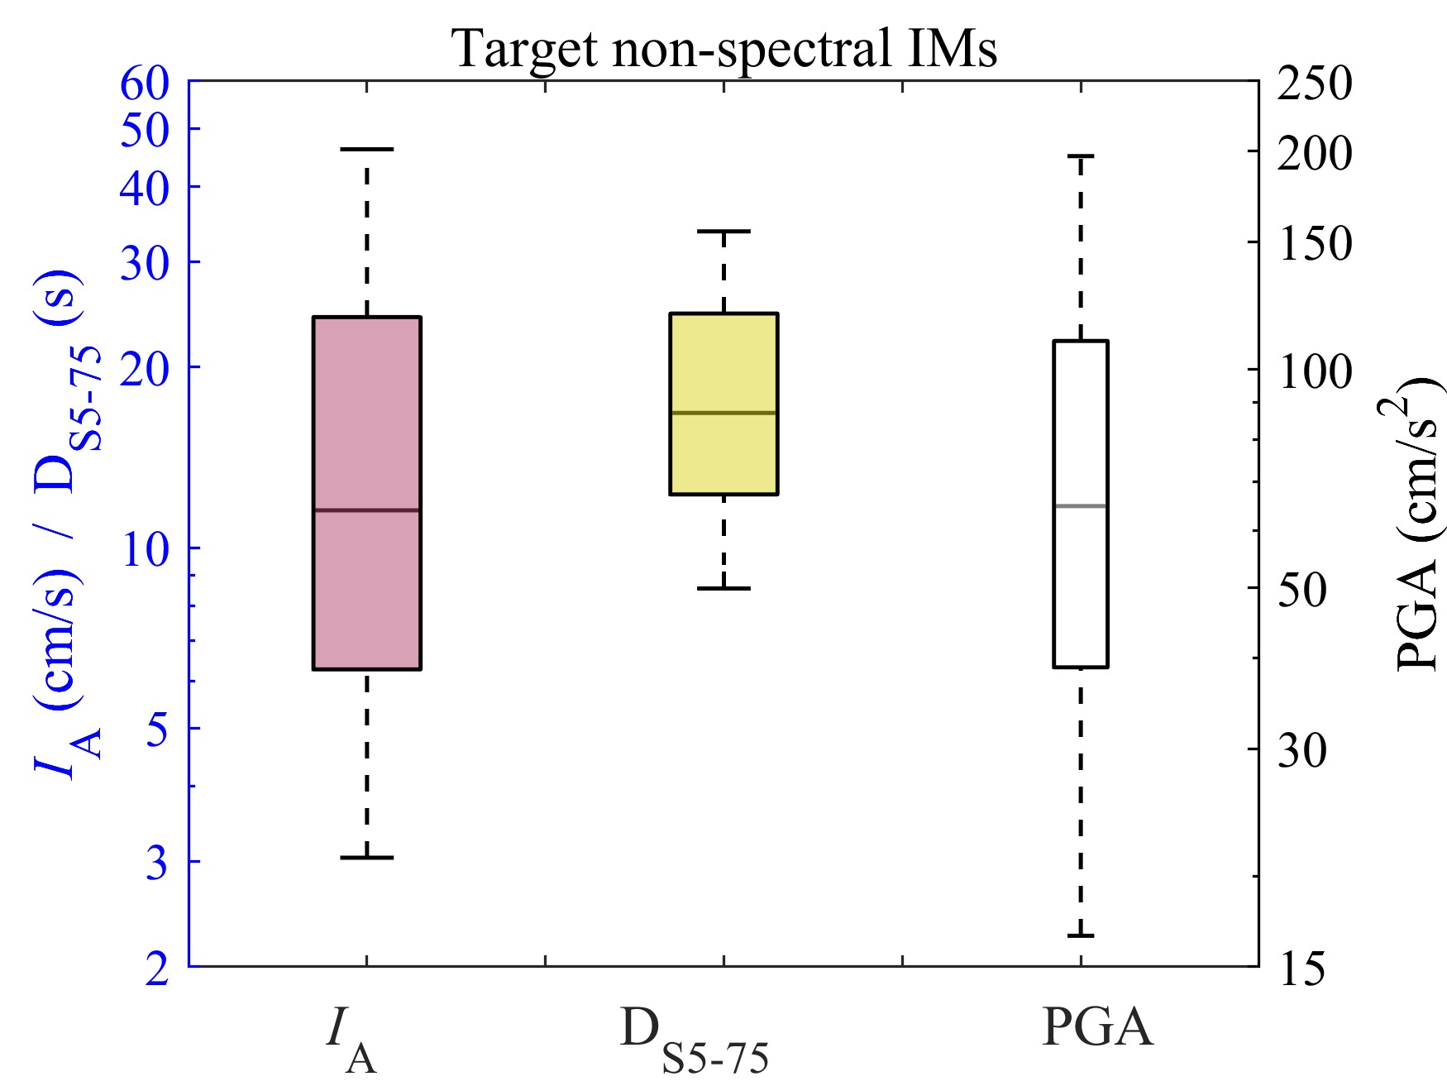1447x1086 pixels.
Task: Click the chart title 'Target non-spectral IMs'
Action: click(724, 48)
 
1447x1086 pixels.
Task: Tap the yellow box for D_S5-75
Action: click(723, 364)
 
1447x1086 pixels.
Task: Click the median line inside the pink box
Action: click(366, 510)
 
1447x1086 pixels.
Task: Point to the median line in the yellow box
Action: click(723, 412)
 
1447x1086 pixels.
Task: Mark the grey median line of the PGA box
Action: click(1080, 505)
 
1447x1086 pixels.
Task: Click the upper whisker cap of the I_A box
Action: click(366, 149)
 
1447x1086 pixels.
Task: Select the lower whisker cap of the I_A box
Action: click(366, 858)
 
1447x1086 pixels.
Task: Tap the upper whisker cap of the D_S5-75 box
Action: click(723, 232)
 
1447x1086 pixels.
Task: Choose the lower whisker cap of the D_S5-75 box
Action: click(723, 588)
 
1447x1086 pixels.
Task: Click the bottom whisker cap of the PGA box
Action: click(1080, 935)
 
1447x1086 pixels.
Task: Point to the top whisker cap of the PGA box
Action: click(1080, 155)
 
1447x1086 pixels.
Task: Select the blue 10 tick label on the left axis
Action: click(145, 548)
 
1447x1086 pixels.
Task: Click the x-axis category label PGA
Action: click(1096, 1028)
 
